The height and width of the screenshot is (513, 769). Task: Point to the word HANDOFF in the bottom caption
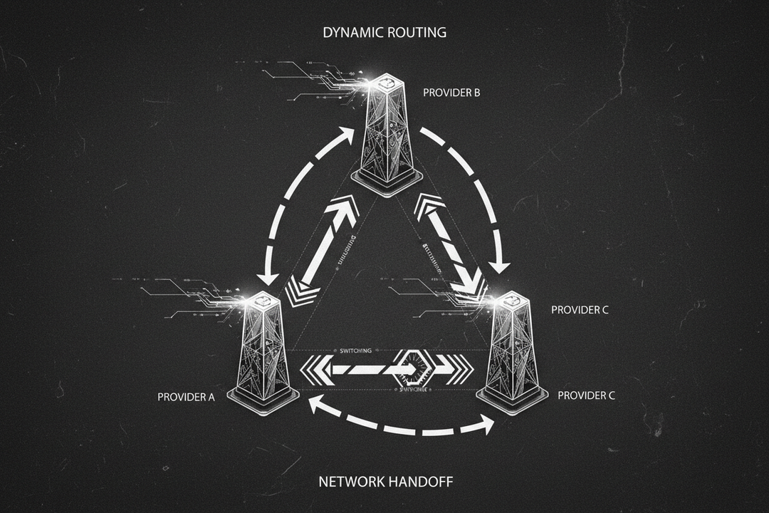coord(420,482)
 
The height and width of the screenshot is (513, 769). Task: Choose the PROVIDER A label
coord(186,397)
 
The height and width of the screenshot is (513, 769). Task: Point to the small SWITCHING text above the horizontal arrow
coord(353,351)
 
